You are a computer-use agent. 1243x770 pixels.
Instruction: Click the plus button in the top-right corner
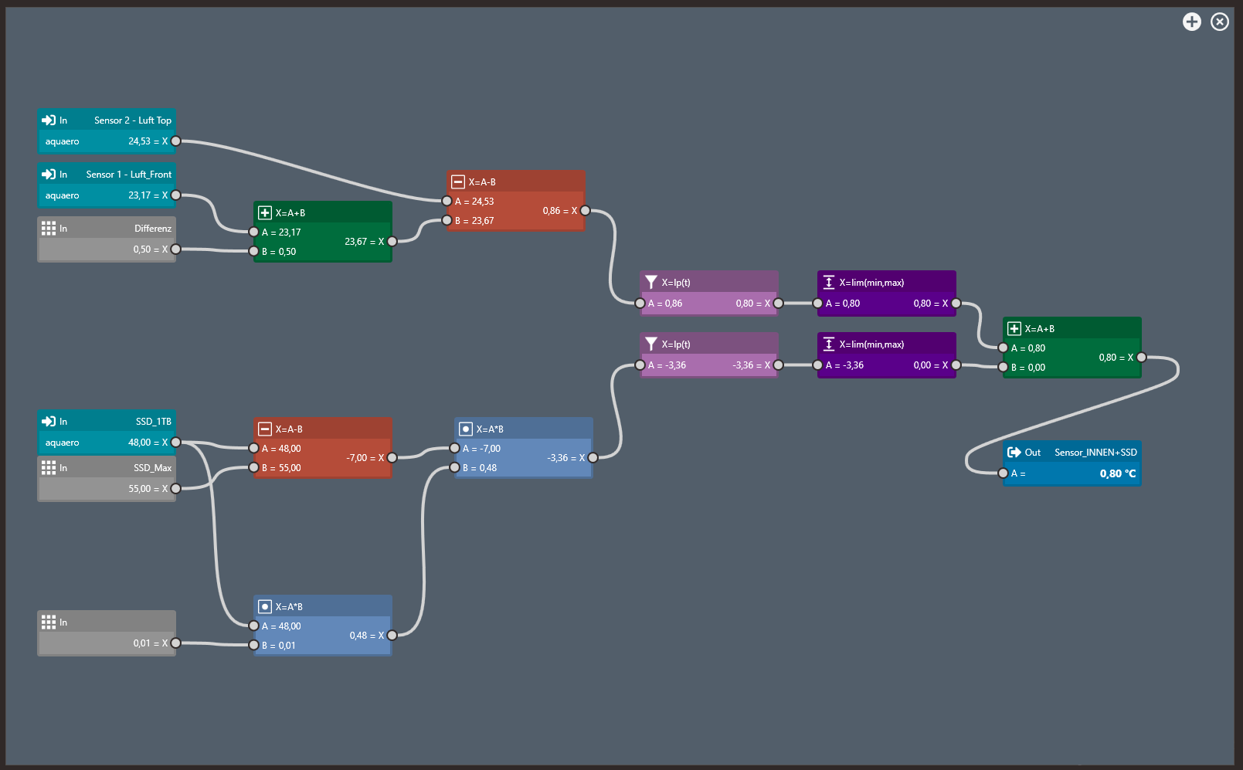(1192, 22)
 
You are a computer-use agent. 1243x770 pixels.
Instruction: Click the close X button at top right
(1220, 22)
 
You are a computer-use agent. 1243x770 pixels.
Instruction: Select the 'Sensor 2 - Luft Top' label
(132, 120)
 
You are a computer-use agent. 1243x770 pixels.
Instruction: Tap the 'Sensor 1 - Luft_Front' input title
(128, 175)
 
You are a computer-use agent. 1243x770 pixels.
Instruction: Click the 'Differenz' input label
(152, 229)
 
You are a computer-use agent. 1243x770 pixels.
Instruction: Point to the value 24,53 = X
(148, 141)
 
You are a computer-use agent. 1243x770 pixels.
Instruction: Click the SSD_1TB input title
(153, 422)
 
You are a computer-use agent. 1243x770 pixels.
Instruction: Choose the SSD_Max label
(152, 468)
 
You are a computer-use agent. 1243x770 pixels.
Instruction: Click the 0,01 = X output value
(150, 643)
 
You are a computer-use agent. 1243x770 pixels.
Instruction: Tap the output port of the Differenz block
(176, 249)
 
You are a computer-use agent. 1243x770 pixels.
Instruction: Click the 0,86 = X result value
(559, 211)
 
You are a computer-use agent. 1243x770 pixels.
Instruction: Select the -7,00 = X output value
(365, 458)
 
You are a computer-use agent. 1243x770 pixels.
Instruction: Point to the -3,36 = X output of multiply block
(565, 458)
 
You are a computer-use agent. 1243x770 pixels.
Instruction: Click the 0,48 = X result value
(366, 636)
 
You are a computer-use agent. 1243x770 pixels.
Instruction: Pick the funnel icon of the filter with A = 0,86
(651, 282)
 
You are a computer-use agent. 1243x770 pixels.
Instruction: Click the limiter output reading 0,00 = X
(930, 365)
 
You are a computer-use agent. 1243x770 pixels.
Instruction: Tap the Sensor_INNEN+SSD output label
(1095, 453)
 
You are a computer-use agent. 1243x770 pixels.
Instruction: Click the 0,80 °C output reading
(1117, 473)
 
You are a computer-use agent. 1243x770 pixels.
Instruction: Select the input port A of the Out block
(1003, 473)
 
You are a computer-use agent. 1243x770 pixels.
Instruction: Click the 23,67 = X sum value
(364, 242)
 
